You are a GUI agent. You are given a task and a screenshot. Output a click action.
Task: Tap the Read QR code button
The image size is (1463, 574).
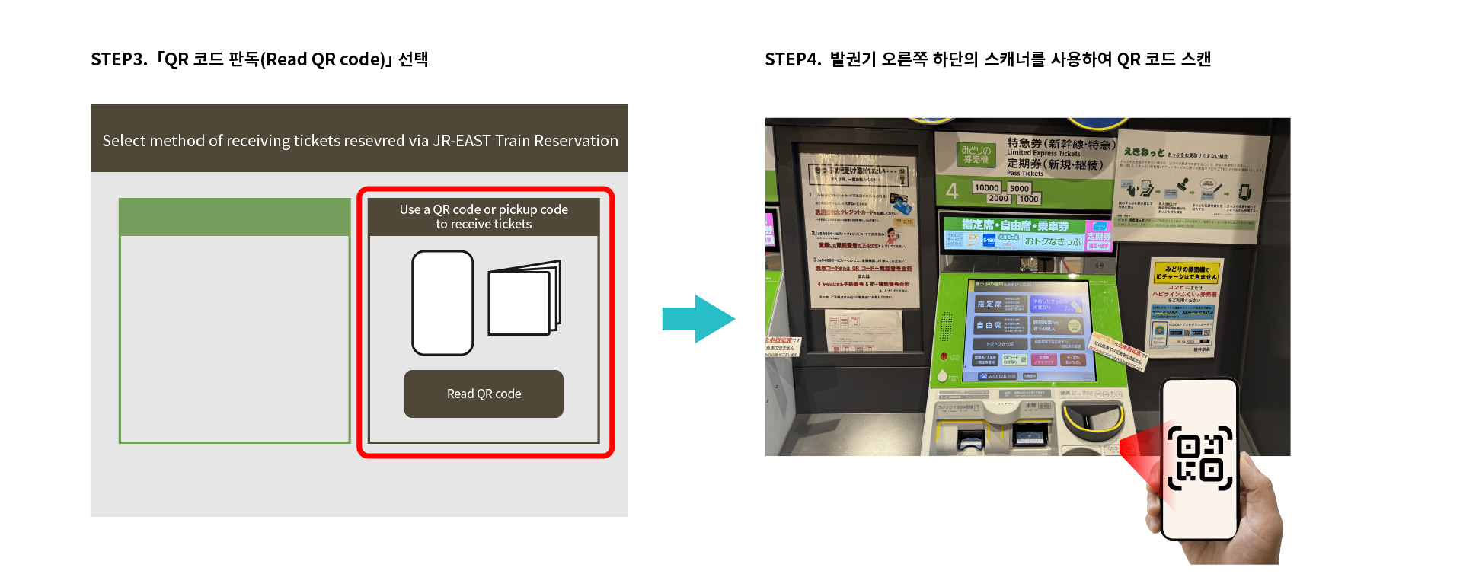pyautogui.click(x=484, y=394)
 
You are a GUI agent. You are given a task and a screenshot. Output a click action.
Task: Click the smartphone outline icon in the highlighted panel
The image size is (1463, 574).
pyautogui.click(x=442, y=303)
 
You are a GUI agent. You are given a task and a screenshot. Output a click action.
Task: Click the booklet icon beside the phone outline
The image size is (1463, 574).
pyautogui.click(x=524, y=298)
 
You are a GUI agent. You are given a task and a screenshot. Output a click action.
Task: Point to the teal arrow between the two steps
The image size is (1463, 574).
pyautogui.click(x=698, y=319)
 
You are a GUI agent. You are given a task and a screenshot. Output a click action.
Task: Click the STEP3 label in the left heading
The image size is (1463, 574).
pyautogui.click(x=118, y=59)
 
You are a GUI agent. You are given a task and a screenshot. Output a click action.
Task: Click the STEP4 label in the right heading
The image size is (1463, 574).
pyautogui.click(x=792, y=59)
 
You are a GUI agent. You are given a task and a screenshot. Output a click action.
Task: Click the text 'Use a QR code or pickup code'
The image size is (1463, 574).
pyautogui.click(x=484, y=209)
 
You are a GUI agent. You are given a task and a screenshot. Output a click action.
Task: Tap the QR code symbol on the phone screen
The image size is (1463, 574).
pyautogui.click(x=1199, y=458)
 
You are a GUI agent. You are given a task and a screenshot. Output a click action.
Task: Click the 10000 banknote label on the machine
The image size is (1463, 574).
pyautogui.click(x=986, y=187)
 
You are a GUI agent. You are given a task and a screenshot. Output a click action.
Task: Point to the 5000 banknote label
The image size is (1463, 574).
pyautogui.click(x=1019, y=188)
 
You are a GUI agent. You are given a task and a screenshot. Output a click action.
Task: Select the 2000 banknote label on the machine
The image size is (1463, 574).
pyautogui.click(x=998, y=199)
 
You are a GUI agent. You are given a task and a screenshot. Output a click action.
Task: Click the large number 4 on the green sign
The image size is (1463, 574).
pyautogui.click(x=952, y=190)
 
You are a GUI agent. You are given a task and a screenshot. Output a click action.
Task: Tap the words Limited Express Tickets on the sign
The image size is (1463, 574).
pyautogui.click(x=1043, y=153)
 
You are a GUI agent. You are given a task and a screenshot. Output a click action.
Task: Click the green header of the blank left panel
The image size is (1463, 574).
pyautogui.click(x=235, y=217)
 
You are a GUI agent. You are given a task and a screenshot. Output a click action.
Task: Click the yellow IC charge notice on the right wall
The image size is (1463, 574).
pyautogui.click(x=1186, y=272)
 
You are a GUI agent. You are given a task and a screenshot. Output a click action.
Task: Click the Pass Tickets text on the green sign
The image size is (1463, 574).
pyautogui.click(x=1024, y=174)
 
